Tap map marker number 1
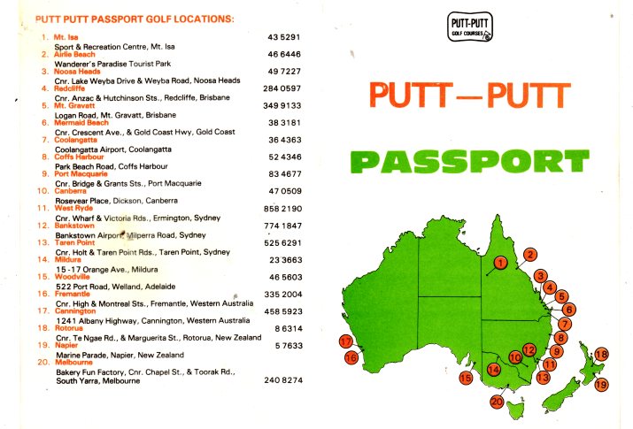click(500, 262)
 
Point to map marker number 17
click(346, 341)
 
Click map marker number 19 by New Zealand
click(601, 384)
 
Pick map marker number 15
click(466, 378)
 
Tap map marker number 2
click(529, 255)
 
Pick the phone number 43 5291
click(285, 37)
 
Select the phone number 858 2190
click(284, 208)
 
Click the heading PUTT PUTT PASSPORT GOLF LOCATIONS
click(134, 19)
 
